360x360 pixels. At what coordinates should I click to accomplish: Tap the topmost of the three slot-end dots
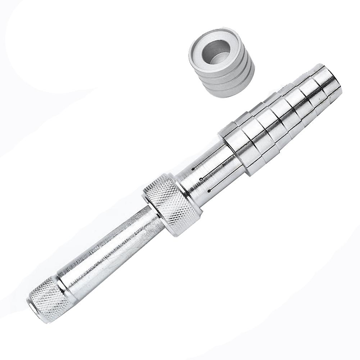click(193, 168)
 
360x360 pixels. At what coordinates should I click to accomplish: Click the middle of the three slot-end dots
click(201, 179)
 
